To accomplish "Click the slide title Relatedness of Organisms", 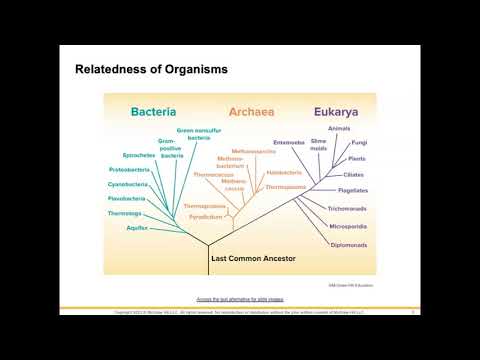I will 151,70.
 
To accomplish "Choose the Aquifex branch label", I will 138,227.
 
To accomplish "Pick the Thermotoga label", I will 125,213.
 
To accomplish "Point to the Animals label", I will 340,128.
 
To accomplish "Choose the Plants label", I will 357,158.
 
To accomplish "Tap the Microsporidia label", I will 349,226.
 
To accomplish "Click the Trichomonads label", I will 349,208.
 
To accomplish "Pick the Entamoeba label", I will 289,142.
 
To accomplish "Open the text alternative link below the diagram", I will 239,299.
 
